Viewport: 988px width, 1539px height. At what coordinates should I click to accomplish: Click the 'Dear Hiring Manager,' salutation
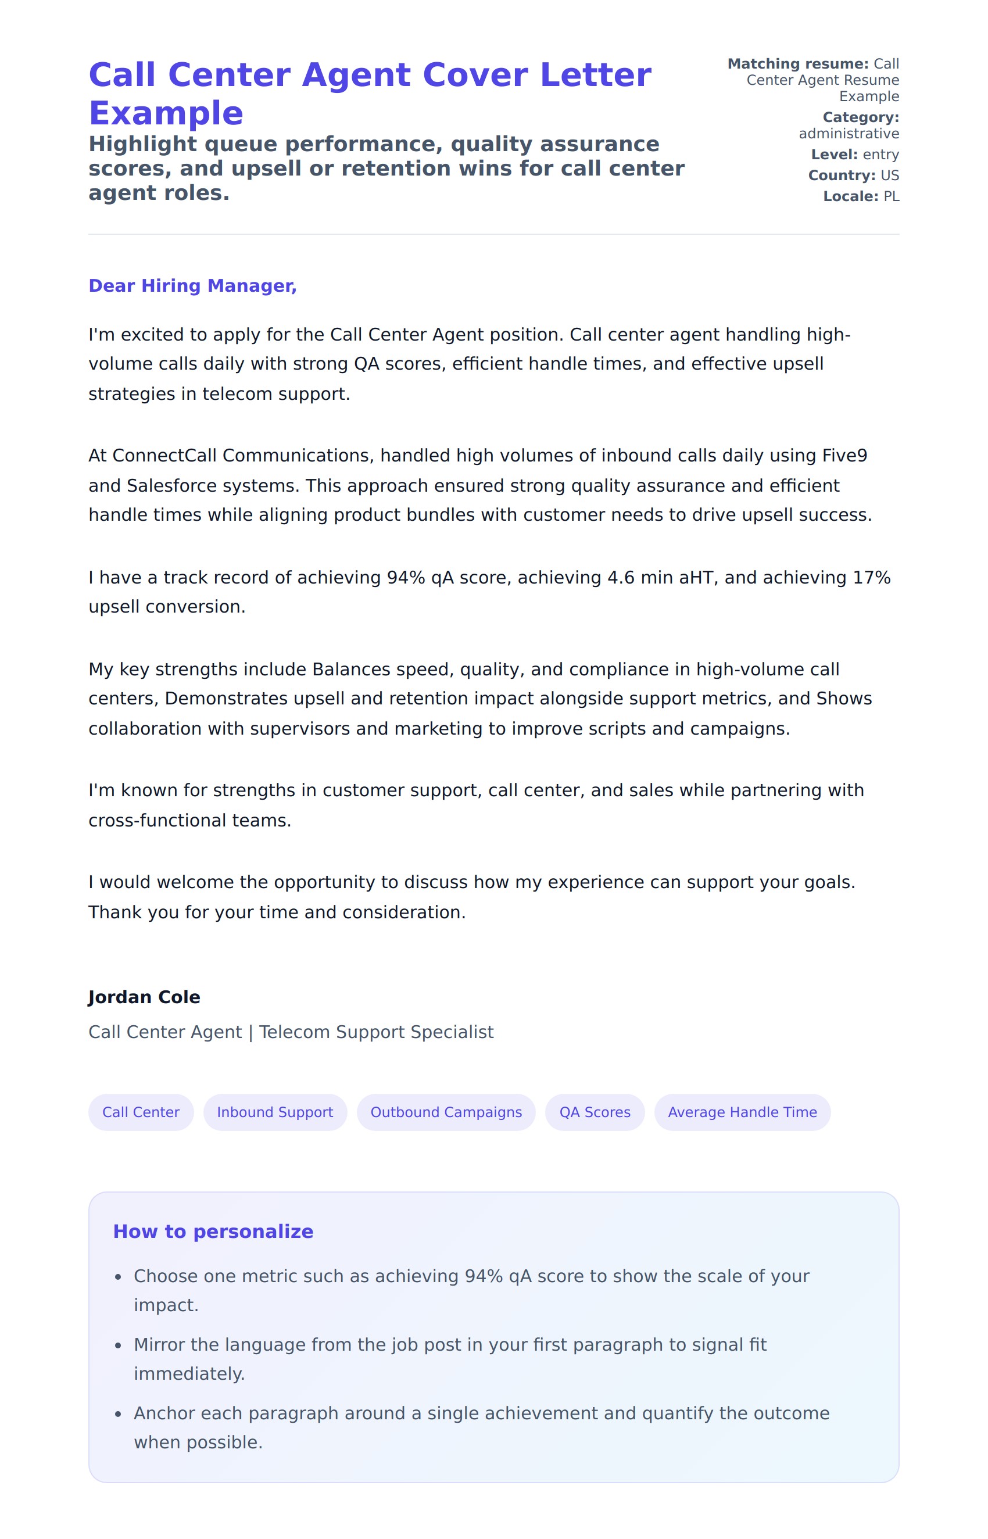[192, 285]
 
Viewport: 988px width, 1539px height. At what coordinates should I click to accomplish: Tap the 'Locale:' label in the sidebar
[850, 196]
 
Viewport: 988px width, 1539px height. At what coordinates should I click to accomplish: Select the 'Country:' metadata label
[841, 175]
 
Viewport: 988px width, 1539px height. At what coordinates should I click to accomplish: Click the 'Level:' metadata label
[834, 155]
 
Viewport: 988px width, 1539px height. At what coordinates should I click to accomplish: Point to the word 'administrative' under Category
[848, 134]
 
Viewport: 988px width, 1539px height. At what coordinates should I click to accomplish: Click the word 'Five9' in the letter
[844, 456]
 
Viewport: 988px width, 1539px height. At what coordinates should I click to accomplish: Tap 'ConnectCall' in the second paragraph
[166, 456]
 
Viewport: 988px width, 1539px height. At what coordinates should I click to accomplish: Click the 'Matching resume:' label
[797, 63]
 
